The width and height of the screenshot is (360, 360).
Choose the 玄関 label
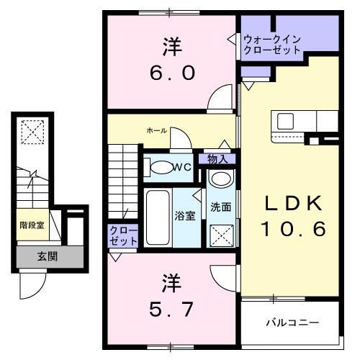coord(48,256)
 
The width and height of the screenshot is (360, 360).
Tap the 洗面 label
coord(220,207)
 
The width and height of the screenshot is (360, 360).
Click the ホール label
coord(157,130)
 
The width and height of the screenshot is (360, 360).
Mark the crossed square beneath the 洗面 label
coord(220,234)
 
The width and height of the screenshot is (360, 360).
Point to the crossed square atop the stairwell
coord(32,132)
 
